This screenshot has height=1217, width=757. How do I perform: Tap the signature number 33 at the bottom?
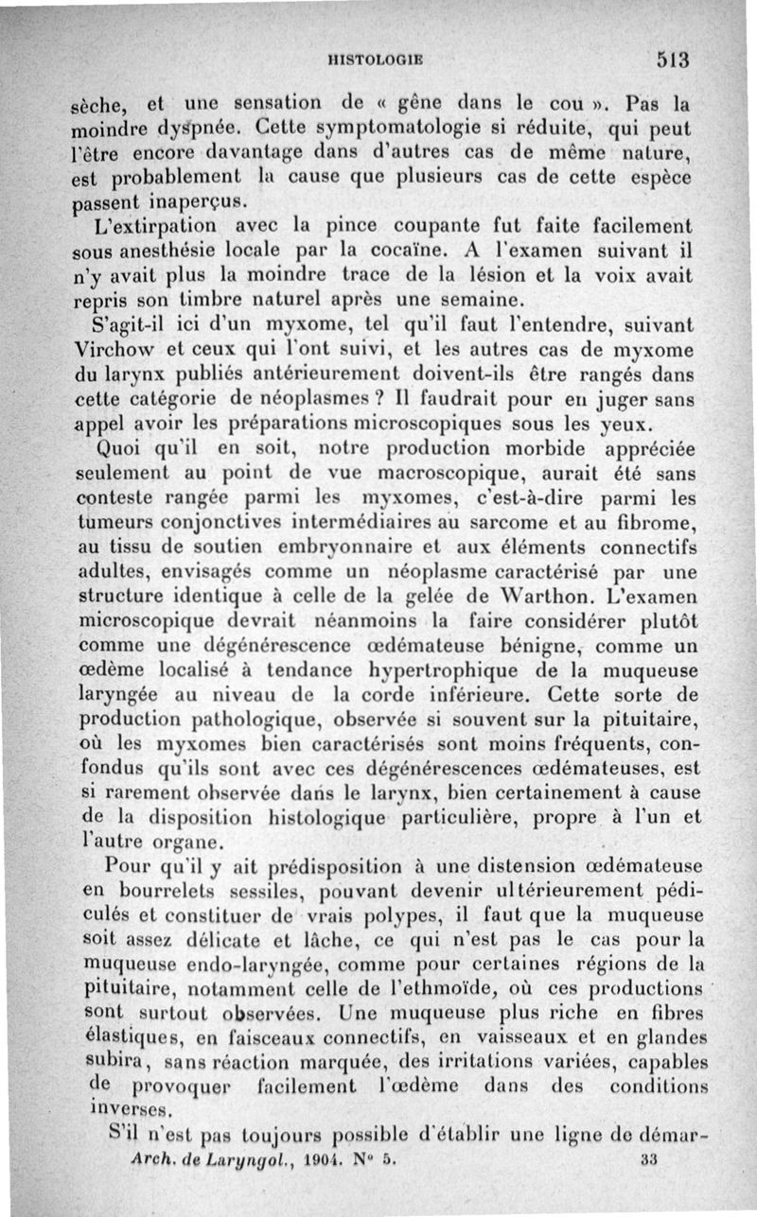648,1156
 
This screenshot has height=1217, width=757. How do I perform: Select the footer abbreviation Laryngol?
213,1156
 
